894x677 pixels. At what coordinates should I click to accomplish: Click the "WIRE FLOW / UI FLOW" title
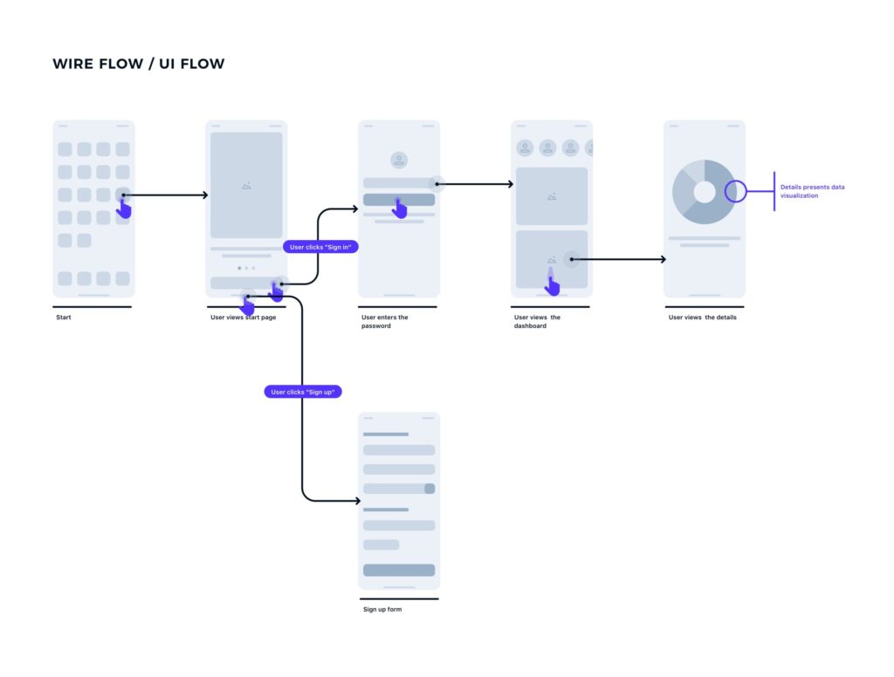(139, 64)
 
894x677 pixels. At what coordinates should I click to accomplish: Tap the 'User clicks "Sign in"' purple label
(320, 247)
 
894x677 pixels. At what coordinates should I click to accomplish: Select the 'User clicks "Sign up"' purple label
(303, 392)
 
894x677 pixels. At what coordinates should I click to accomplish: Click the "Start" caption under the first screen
(63, 318)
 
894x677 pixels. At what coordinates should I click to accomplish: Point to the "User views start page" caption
(243, 318)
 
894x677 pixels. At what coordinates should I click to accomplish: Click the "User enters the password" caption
(384, 321)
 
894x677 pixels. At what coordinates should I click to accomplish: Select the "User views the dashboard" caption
(537, 321)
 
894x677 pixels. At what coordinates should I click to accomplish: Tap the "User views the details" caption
(703, 318)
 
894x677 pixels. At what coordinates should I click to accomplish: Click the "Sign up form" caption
(382, 609)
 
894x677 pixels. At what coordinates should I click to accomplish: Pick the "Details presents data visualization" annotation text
(813, 191)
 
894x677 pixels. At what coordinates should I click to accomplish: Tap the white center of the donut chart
(705, 192)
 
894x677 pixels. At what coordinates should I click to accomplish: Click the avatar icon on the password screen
(399, 161)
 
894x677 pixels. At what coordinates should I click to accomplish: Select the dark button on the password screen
(399, 200)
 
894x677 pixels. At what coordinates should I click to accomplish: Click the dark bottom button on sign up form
(399, 570)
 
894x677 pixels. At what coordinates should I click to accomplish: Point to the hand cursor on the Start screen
(124, 209)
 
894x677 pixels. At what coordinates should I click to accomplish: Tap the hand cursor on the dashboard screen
(552, 284)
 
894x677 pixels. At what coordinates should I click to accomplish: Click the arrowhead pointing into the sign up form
(357, 501)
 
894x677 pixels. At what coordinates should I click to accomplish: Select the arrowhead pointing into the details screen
(664, 259)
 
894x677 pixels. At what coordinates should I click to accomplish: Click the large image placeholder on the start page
(246, 185)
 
